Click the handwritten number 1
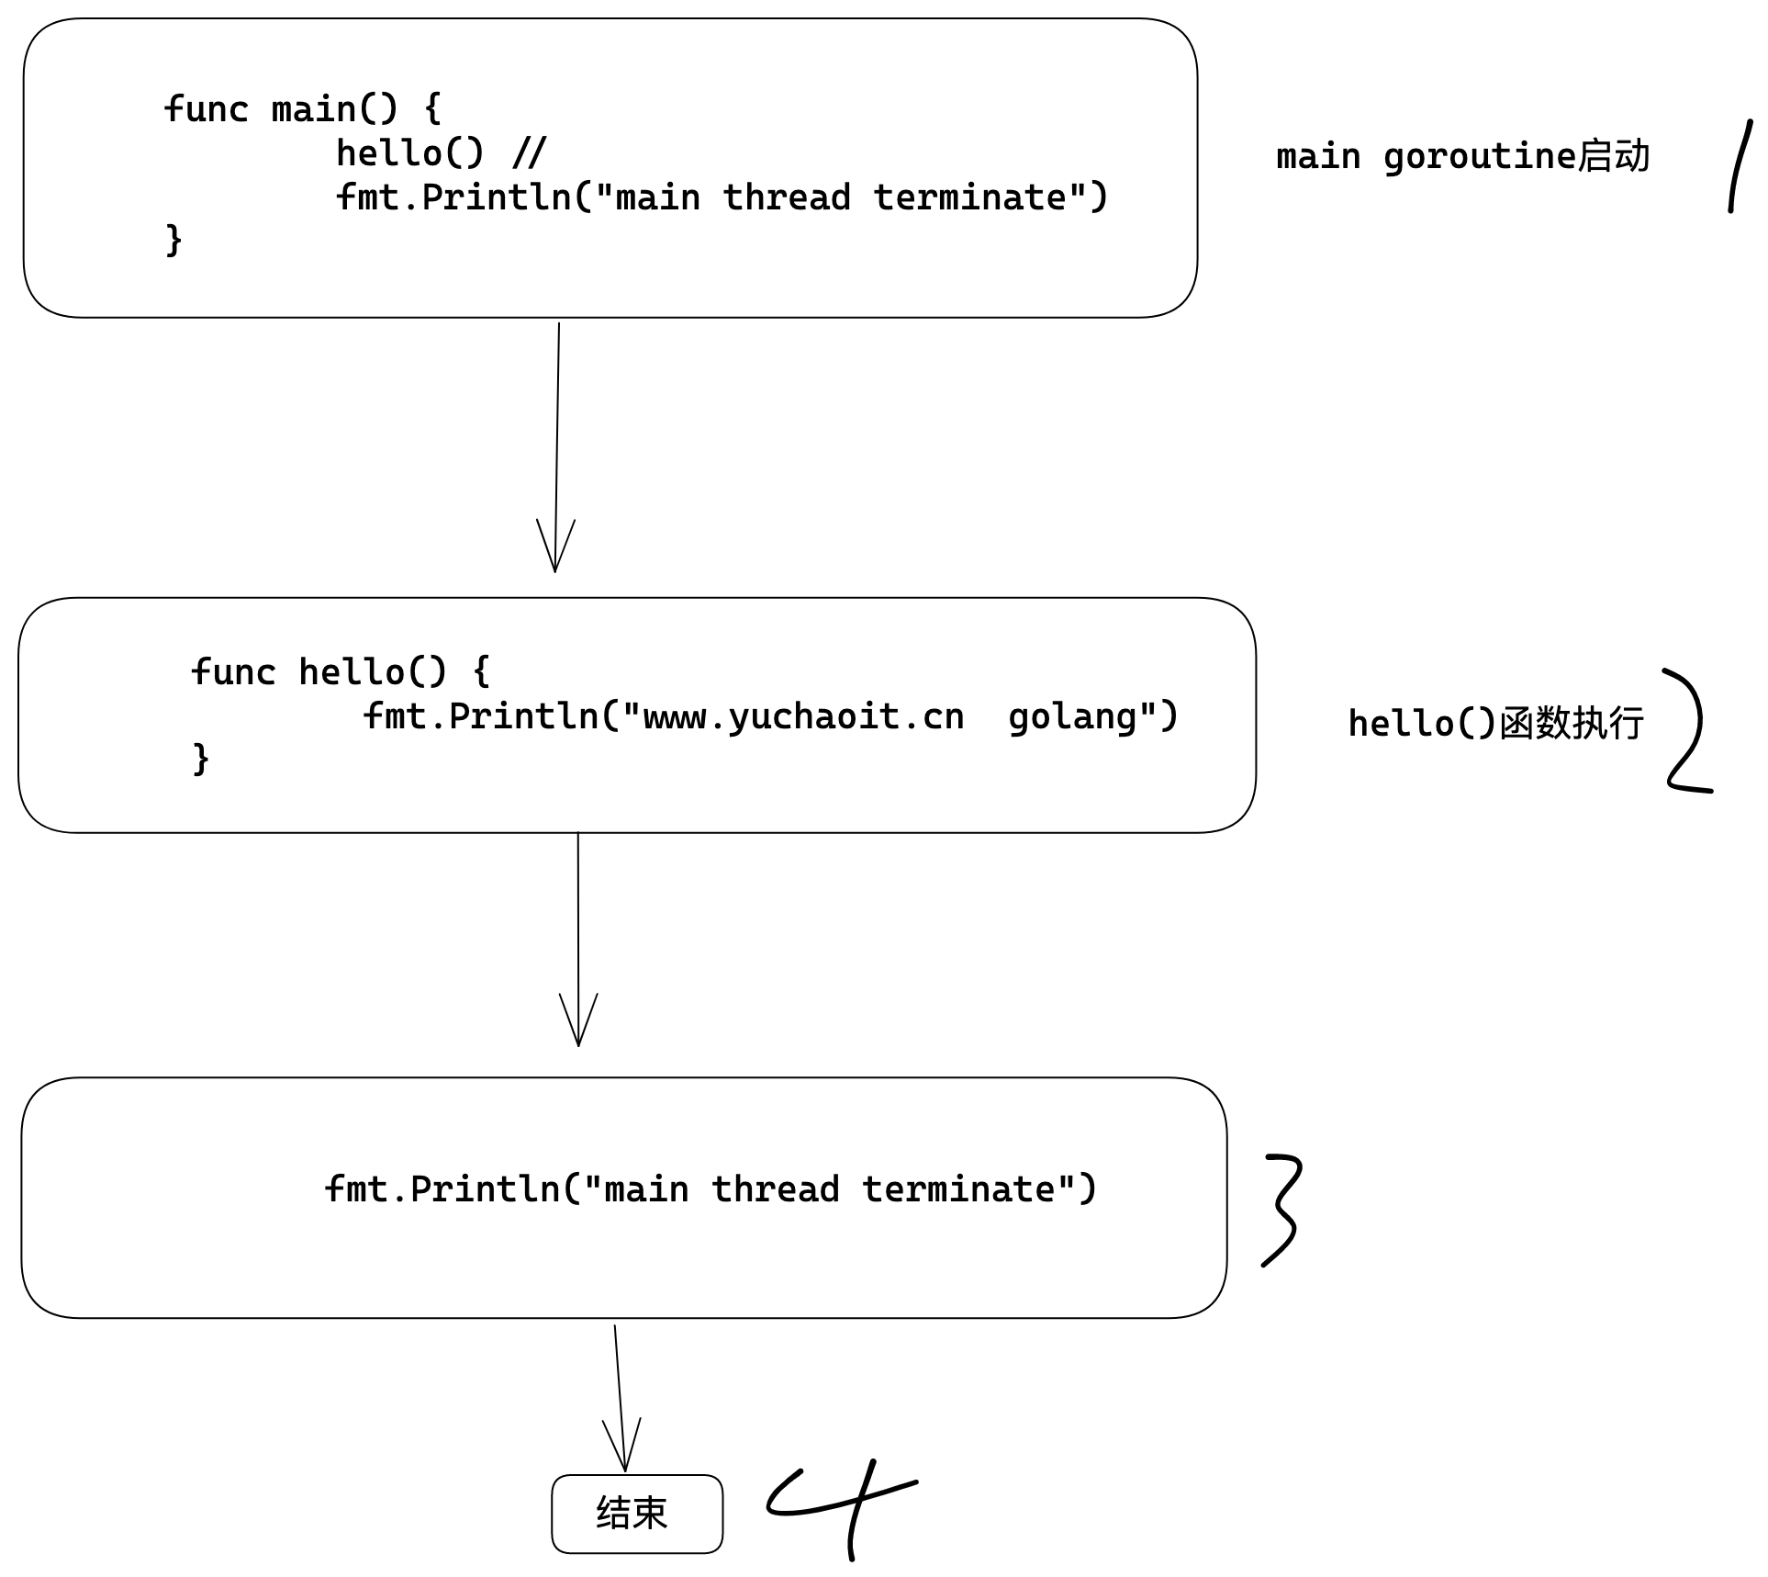pos(1740,165)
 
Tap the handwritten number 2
pos(1687,731)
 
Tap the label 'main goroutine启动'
pos(1462,157)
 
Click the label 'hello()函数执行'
pos(1495,724)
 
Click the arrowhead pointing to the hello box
pos(555,551)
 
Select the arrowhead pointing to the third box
pos(578,1025)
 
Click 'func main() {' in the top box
pos(302,109)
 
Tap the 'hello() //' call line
pos(441,153)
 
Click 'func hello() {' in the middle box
pos(340,672)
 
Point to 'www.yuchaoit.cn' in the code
pos(803,716)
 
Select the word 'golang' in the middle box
pos(1071,716)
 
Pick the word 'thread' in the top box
pos(787,197)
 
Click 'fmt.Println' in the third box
pos(442,1189)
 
